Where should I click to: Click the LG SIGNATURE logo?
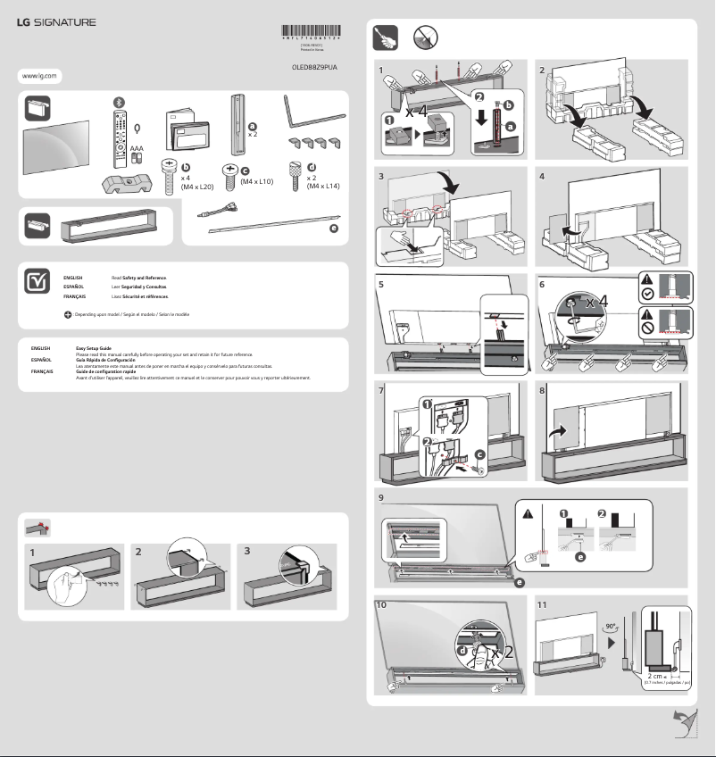click(x=56, y=22)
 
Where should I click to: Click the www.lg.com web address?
click(x=37, y=77)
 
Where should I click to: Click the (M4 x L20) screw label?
click(x=196, y=187)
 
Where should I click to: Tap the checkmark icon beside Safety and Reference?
click(x=37, y=281)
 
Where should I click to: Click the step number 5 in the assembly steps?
click(x=381, y=283)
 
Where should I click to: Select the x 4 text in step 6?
click(x=599, y=303)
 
